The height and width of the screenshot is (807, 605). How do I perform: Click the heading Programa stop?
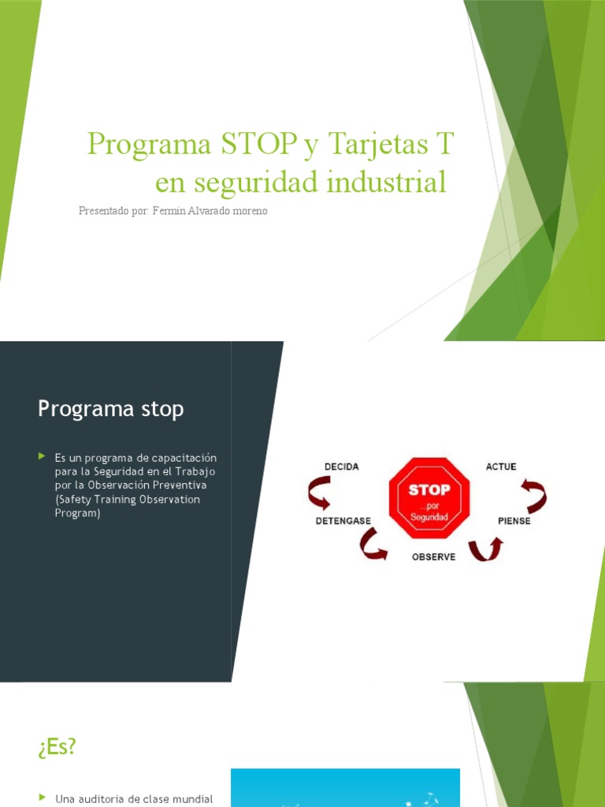click(111, 409)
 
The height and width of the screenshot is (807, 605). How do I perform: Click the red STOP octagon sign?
click(429, 499)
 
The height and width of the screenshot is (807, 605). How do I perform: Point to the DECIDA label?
click(341, 467)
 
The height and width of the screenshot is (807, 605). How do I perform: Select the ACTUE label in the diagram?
click(501, 467)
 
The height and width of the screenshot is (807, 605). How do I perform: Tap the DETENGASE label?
click(343, 521)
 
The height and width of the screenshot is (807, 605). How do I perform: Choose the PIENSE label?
click(514, 521)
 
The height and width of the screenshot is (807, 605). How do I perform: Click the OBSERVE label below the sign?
click(433, 556)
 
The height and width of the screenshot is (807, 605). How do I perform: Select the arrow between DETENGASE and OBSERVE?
click(373, 545)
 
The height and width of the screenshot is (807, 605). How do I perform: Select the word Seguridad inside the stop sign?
click(429, 516)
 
